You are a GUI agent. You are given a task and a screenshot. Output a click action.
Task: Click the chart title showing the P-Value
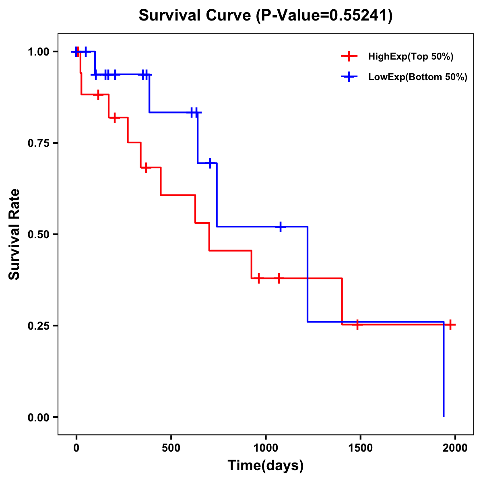click(x=265, y=16)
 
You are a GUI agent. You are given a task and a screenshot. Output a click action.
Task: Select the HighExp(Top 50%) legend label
click(x=411, y=56)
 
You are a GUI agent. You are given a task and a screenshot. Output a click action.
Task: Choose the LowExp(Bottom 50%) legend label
click(x=418, y=77)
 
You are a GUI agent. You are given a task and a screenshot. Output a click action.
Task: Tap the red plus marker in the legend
click(x=349, y=56)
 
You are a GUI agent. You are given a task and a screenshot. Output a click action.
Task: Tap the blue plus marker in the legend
click(x=349, y=76)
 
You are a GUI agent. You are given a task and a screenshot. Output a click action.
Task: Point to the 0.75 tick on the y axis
click(x=39, y=143)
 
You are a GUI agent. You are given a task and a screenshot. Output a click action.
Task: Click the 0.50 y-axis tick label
click(x=39, y=234)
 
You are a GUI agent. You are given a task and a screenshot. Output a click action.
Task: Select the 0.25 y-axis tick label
click(x=39, y=326)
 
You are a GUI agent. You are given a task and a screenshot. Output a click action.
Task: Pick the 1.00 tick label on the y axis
click(x=39, y=52)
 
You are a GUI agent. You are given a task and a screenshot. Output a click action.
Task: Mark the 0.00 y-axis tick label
click(x=39, y=417)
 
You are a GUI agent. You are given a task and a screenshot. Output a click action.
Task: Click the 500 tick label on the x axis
click(x=171, y=448)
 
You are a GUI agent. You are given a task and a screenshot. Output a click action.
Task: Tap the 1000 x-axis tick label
click(x=265, y=448)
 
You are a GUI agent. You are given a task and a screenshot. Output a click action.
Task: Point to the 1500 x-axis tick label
click(x=360, y=448)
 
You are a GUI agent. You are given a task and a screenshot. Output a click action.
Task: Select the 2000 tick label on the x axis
click(x=455, y=448)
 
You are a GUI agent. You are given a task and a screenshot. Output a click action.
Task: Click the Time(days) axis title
click(x=265, y=465)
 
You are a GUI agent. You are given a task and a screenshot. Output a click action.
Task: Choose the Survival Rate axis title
click(x=14, y=234)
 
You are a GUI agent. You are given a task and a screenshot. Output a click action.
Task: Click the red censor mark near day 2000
click(x=450, y=324)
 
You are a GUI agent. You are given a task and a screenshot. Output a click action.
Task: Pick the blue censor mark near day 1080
click(x=281, y=227)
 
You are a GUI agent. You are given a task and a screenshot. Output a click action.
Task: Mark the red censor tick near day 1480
click(x=357, y=324)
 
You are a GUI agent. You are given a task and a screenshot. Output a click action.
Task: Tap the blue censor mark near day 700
click(x=210, y=163)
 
